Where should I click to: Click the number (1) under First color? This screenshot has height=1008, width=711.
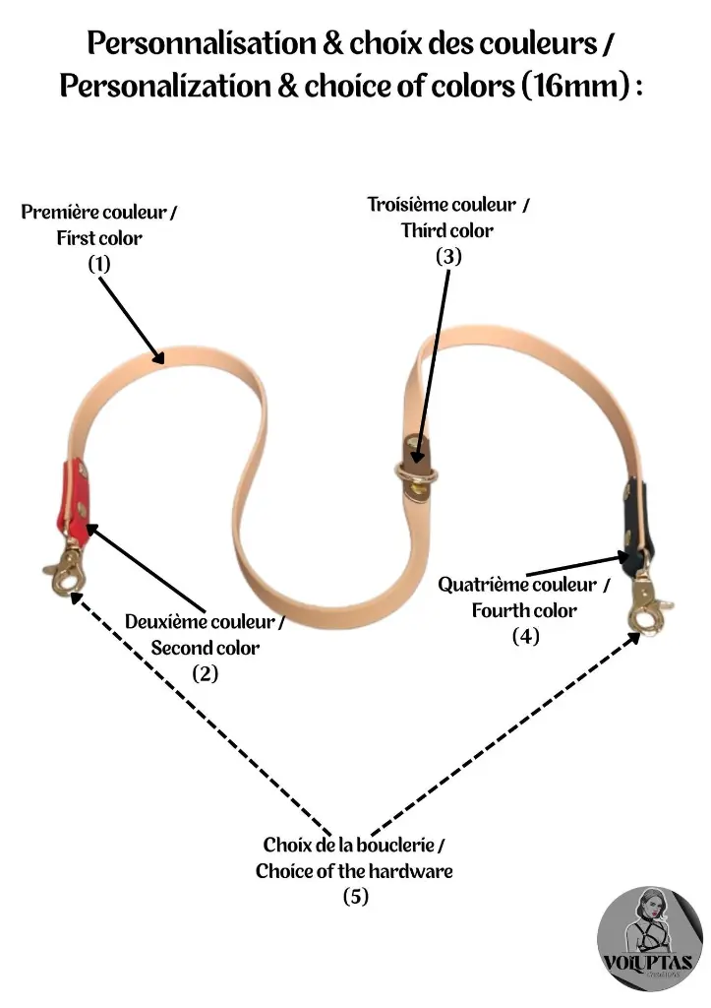pyautogui.click(x=99, y=263)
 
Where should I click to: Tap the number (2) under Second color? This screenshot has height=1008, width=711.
pyautogui.click(x=205, y=673)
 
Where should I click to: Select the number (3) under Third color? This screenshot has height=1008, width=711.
pyautogui.click(x=447, y=256)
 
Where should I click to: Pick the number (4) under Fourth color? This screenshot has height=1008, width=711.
pyautogui.click(x=525, y=636)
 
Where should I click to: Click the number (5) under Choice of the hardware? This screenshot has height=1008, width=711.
pyautogui.click(x=355, y=896)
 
